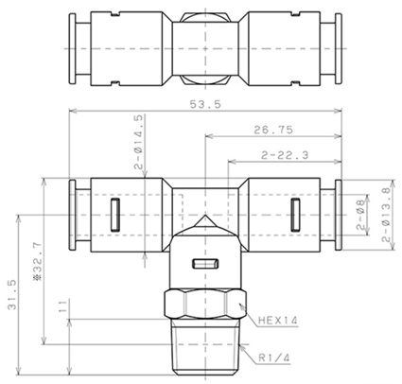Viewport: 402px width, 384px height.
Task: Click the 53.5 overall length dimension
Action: [205, 104]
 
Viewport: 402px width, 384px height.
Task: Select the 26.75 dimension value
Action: [273, 130]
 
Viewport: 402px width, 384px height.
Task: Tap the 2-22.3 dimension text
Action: [285, 155]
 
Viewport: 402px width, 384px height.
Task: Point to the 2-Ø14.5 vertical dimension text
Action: [138, 142]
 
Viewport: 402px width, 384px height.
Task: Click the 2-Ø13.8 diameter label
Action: [387, 215]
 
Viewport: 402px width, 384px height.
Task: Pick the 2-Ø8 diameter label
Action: [361, 214]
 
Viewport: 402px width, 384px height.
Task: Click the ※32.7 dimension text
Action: [38, 261]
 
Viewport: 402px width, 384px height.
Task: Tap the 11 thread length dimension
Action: [63, 306]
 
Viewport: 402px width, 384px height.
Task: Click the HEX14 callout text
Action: [278, 321]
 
